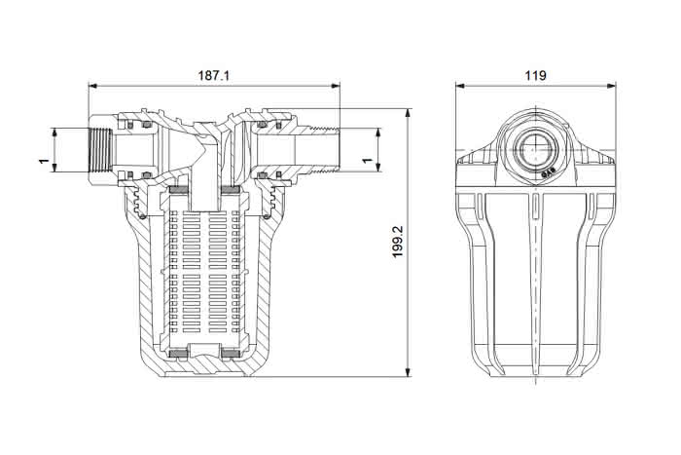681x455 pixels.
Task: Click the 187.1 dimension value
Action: coord(213,75)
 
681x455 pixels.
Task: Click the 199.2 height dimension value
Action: coord(397,242)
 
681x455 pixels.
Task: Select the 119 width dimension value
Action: coord(535,75)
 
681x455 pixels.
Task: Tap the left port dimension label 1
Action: coord(44,161)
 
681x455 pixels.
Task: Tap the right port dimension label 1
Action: coord(368,161)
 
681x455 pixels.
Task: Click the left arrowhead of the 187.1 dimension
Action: coord(92,86)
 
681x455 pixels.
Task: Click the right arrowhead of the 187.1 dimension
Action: coord(336,86)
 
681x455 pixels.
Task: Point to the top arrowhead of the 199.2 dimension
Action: coord(408,113)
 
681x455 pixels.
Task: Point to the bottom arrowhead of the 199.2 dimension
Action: coord(408,372)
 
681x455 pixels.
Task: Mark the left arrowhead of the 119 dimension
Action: coord(460,86)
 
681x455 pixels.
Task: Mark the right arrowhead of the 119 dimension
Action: coord(612,86)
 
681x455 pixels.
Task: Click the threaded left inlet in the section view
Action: coord(101,150)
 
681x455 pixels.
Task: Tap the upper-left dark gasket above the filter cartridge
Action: coord(178,190)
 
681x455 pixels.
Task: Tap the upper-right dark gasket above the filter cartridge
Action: coord(231,190)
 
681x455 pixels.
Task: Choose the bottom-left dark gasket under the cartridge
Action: coord(178,354)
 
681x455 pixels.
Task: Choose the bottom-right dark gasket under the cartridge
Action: coord(231,354)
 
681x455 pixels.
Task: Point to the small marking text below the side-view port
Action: coord(549,173)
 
